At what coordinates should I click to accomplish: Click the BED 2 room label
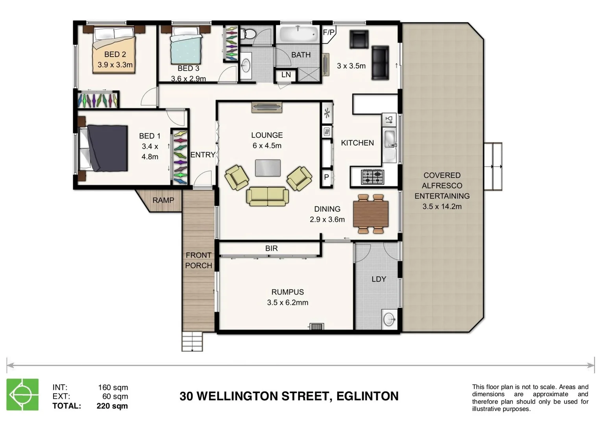(x=115, y=55)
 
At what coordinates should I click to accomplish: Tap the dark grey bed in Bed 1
(x=107, y=148)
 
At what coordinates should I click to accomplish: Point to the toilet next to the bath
(x=248, y=34)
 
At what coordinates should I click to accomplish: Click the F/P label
(x=329, y=32)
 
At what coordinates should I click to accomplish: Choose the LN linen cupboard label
(x=286, y=75)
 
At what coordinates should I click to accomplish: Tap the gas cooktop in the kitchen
(x=372, y=177)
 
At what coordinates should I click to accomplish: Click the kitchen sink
(x=390, y=139)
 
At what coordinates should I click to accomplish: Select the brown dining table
(x=371, y=214)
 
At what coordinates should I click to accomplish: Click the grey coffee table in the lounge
(x=268, y=168)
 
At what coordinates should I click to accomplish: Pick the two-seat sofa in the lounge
(x=268, y=196)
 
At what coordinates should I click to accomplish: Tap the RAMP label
(x=163, y=200)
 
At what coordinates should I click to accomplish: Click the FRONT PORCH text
(x=198, y=261)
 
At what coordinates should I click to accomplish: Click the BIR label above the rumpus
(x=271, y=248)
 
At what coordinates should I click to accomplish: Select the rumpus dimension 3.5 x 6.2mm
(x=287, y=303)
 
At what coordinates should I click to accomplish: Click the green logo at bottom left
(x=22, y=394)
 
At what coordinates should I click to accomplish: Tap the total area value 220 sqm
(x=112, y=406)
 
